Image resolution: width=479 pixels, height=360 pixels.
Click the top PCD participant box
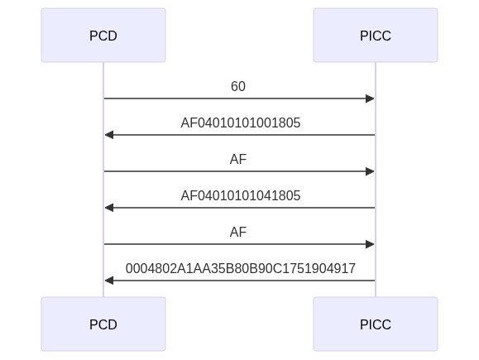coord(103,35)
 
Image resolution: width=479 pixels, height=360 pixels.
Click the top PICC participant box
coord(376,35)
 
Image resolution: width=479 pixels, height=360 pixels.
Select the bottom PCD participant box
coord(103,324)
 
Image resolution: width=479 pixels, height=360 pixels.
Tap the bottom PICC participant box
coord(376,324)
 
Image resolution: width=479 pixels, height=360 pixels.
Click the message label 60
coord(238,87)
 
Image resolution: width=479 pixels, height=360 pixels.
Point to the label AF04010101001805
coord(241,122)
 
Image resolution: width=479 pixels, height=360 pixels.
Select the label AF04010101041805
coord(241,195)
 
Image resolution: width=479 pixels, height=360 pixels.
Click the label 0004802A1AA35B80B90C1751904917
coord(241,268)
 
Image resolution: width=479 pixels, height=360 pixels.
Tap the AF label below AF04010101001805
coord(238,159)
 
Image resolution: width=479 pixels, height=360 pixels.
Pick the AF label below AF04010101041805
coord(238,232)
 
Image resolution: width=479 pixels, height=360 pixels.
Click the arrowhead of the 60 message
coord(370,98)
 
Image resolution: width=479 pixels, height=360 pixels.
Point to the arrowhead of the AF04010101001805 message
coord(109,135)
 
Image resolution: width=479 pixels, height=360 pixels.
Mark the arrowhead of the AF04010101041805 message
coord(109,208)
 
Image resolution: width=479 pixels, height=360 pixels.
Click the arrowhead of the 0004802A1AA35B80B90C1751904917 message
coord(109,281)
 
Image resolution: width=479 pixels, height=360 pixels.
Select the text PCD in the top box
coord(103,36)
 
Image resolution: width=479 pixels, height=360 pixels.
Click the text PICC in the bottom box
coord(376,324)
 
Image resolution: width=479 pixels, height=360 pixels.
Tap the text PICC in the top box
coord(376,36)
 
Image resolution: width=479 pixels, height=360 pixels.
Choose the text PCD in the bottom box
coord(103,324)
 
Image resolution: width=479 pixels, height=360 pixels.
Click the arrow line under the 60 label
coord(239,98)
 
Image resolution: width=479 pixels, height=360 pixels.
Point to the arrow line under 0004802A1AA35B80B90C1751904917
coord(240,281)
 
